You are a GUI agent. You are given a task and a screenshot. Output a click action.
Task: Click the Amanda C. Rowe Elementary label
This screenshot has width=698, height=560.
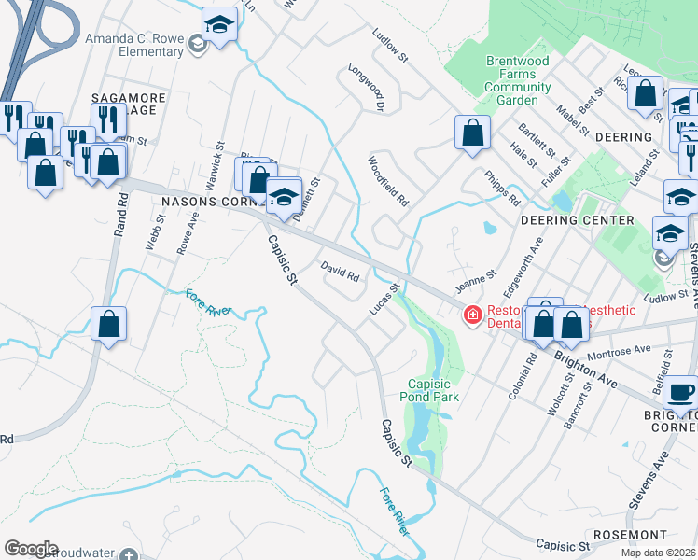point(134,45)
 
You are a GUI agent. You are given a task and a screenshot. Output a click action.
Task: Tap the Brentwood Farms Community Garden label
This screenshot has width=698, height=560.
point(517,80)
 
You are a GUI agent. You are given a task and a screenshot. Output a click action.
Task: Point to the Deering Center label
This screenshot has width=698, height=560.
point(577,220)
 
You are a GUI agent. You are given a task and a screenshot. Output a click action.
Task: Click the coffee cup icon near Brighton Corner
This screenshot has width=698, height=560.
point(681,392)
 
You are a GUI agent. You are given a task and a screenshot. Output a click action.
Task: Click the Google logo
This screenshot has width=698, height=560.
point(31,549)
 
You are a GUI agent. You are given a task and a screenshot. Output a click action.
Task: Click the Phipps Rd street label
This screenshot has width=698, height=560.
point(501,188)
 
